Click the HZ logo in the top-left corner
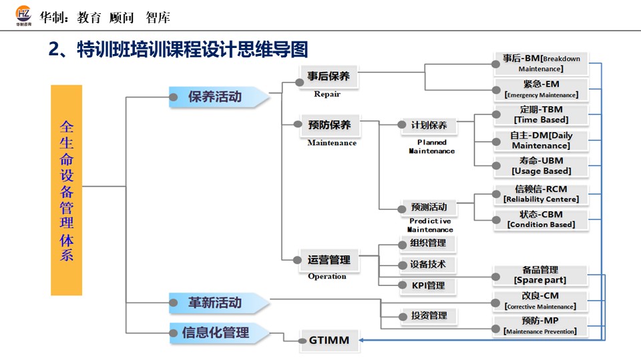23,15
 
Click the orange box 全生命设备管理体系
66,190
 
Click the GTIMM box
329,340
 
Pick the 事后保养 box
329,77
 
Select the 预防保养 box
329,125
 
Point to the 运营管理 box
329,260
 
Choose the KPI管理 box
427,285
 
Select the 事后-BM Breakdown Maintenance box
541,63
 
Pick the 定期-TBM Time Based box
541,115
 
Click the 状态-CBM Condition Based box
541,219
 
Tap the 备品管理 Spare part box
540,275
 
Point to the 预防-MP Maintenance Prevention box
540,326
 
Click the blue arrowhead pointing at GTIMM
361,340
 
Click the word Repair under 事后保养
327,94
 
